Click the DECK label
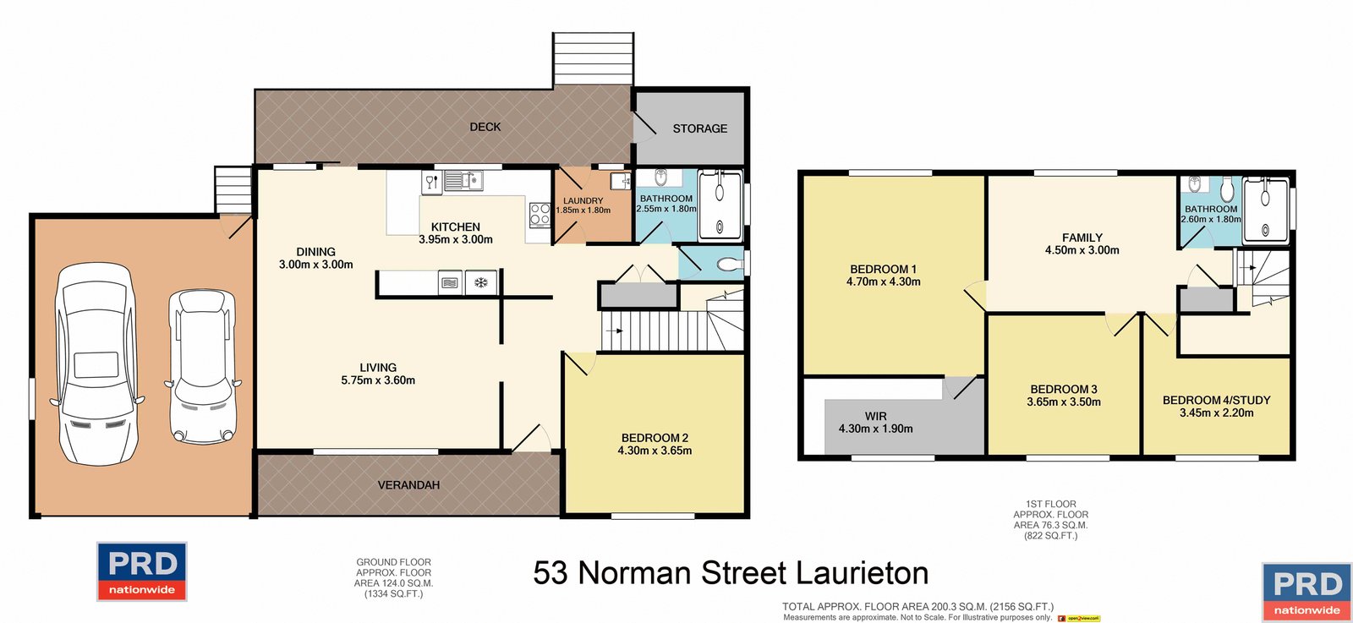pos(485,127)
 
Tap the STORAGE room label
pos(699,128)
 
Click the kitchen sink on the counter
pos(462,180)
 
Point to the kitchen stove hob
pos(540,214)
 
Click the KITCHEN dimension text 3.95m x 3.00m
pos(456,240)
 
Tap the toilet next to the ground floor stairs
pos(726,265)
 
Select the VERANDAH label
pos(408,485)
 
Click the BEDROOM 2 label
pos(655,438)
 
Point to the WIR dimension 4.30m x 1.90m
pos(876,429)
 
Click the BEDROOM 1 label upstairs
pos(883,269)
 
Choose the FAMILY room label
pos(1082,238)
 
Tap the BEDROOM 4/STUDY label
pos(1216,400)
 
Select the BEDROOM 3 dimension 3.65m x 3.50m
pos(1064,402)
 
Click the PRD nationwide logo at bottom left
pos(142,571)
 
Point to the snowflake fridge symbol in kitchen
pos(480,282)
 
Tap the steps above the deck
pos(593,59)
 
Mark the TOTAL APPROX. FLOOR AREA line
pos(918,606)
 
